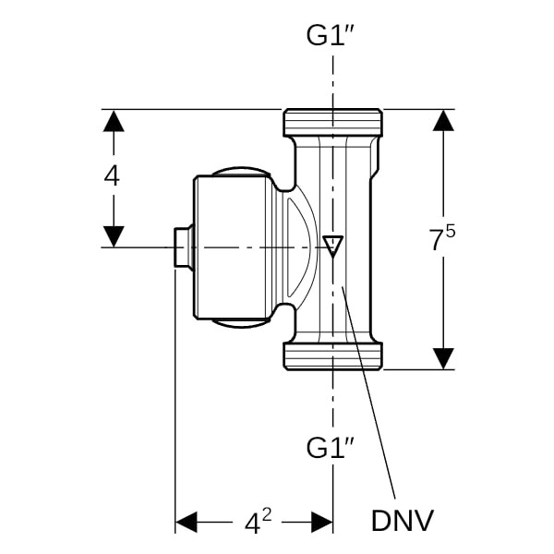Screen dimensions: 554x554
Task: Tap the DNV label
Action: click(x=402, y=521)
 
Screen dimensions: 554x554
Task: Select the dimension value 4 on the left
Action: click(x=112, y=176)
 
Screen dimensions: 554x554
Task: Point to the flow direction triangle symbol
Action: click(x=333, y=246)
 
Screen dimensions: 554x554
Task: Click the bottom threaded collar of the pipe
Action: click(x=332, y=356)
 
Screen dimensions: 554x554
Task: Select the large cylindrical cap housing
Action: click(x=232, y=247)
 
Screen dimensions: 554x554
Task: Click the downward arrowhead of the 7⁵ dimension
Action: click(x=444, y=357)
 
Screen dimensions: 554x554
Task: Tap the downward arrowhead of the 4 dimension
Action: click(x=113, y=235)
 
